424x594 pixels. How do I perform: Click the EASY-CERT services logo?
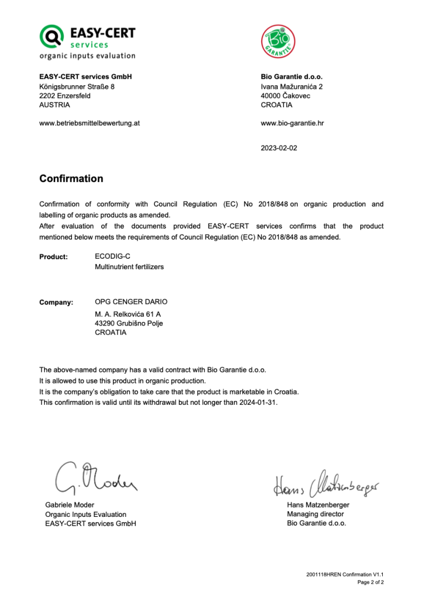87,41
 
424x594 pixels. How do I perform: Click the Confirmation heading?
71,179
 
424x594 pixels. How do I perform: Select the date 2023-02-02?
279,148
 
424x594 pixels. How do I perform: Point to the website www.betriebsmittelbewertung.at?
89,123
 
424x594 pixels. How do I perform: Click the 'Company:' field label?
56,302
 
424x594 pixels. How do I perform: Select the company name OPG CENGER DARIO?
131,302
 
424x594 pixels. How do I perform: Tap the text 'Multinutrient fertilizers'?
129,267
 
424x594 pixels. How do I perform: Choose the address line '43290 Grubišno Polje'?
128,323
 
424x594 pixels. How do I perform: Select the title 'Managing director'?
315,514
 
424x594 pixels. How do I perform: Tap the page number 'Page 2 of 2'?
370,582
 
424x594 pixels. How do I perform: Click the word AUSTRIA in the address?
55,105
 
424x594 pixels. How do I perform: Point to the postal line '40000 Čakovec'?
285,96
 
